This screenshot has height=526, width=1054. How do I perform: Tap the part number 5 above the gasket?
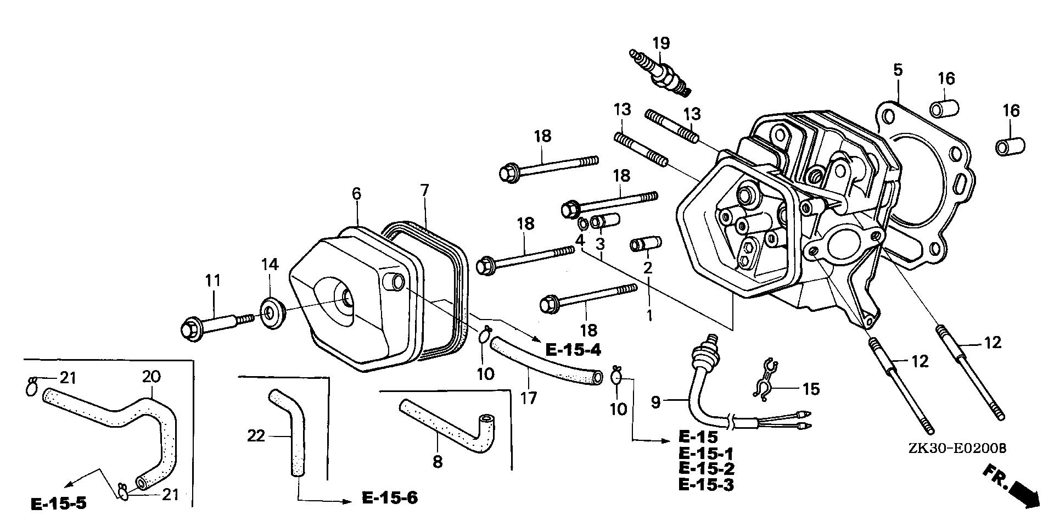(x=898, y=70)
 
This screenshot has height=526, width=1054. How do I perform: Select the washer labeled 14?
(x=271, y=313)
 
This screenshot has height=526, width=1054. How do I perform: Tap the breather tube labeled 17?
(x=543, y=362)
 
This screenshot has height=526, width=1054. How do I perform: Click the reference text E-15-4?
(x=574, y=349)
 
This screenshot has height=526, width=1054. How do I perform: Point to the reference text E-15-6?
(x=390, y=498)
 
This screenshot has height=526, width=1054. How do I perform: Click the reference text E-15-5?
(x=59, y=503)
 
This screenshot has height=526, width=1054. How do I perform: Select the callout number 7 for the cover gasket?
(x=424, y=192)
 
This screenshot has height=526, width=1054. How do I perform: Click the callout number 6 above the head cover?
(x=357, y=193)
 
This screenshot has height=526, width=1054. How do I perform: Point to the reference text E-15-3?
(x=707, y=484)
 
